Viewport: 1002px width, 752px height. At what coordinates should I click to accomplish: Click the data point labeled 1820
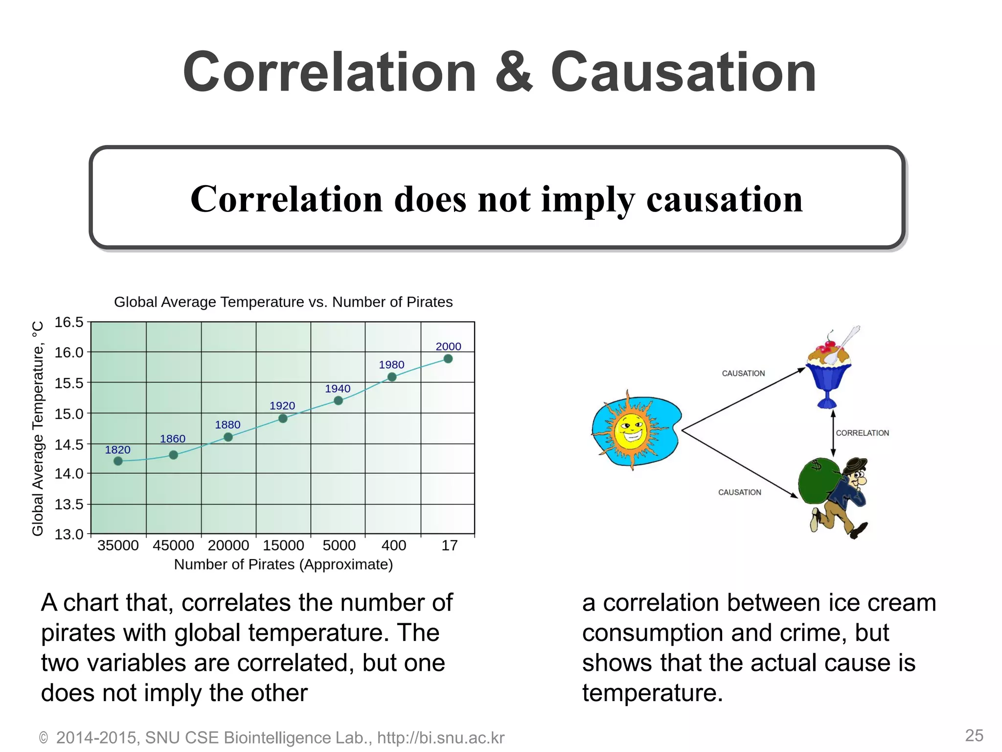pos(118,461)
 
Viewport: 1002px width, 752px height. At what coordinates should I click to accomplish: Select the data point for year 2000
pos(448,359)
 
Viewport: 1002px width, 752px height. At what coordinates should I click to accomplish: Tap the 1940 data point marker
pos(338,400)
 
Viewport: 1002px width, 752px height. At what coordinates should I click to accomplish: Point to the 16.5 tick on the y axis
pos(69,322)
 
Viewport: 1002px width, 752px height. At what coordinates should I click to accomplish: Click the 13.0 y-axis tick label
pos(69,534)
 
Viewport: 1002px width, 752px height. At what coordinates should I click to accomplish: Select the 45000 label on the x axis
pos(173,545)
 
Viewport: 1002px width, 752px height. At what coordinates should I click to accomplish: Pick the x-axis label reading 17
pos(449,545)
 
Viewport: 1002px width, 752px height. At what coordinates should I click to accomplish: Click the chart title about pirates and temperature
pos(283,302)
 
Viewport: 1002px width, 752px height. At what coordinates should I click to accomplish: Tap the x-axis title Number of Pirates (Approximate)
pos(283,564)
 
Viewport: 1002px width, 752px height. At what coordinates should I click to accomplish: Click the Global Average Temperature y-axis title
pos(38,428)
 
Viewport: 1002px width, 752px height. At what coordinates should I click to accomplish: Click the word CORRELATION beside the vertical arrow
pos(862,433)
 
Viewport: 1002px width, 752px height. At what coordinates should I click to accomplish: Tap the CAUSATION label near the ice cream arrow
pos(743,374)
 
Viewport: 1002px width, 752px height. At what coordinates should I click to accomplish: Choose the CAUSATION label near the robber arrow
pos(739,493)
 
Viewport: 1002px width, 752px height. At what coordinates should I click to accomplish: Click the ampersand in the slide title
pos(513,72)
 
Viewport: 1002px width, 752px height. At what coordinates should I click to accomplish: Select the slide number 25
pos(974,735)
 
